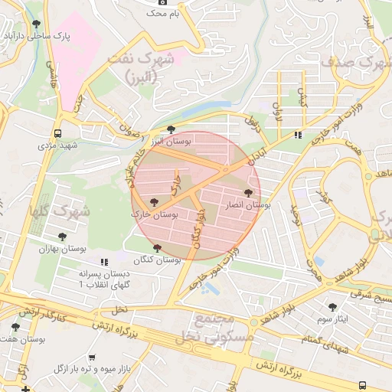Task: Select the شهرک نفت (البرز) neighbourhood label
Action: click(149, 67)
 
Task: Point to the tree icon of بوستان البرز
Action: click(171, 129)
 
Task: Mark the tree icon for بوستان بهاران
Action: click(62, 237)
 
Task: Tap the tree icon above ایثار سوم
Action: click(332, 306)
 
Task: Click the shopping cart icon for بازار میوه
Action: click(92, 357)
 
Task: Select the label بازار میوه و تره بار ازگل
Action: click(92, 369)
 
